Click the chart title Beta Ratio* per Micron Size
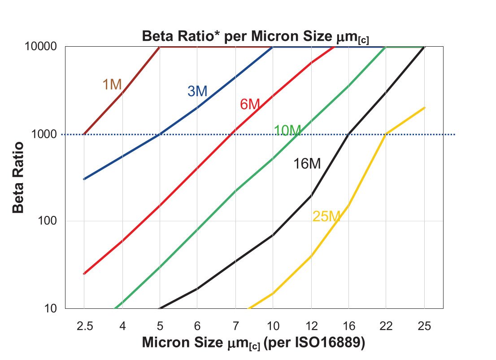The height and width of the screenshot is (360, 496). point(256,36)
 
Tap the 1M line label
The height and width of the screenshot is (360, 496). point(112,84)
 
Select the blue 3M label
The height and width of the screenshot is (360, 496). point(197,92)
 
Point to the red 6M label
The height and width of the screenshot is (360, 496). point(250,105)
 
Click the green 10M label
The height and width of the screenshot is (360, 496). point(287,131)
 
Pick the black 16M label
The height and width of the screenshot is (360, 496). point(307,164)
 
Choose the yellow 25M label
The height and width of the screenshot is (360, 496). point(326,217)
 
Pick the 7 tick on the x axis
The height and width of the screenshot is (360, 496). point(235,324)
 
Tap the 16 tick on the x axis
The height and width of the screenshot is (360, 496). point(349,324)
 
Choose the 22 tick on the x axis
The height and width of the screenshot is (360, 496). point(387,324)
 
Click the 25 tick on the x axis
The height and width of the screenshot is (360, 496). point(424,324)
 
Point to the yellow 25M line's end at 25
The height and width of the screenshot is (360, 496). point(424,108)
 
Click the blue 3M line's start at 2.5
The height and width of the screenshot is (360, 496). point(84,179)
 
